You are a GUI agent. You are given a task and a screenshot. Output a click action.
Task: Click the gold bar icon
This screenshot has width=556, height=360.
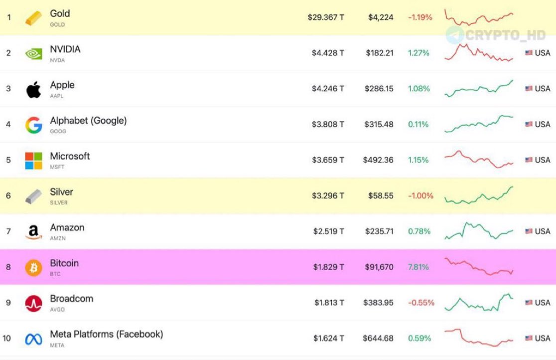34,18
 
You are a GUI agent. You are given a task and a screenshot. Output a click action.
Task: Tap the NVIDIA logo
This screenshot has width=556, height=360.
34,53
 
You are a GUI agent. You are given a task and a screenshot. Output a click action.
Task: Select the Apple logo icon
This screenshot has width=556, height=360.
34,89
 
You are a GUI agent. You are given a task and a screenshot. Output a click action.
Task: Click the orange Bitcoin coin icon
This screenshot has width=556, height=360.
34,267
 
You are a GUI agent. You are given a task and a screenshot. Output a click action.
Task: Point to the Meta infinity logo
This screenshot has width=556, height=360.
34,339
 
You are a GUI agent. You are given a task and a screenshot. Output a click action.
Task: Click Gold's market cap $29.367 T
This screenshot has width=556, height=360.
325,17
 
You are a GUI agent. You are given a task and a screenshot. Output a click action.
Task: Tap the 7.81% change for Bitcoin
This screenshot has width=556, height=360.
418,267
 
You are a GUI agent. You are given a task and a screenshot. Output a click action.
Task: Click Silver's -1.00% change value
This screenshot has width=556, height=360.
420,196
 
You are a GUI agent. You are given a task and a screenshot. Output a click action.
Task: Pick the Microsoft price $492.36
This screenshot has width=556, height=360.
378,160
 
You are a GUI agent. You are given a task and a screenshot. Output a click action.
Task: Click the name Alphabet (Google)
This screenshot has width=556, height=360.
88,121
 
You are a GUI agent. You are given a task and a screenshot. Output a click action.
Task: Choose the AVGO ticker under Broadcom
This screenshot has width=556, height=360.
57,310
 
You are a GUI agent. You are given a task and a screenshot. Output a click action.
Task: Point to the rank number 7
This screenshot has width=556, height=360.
8,231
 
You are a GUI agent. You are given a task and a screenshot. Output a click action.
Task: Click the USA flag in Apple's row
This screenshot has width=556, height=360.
529,89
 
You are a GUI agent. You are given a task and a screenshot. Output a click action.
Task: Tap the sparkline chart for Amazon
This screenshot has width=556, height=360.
478,231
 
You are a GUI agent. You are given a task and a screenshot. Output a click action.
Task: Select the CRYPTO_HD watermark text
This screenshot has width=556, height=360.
505,35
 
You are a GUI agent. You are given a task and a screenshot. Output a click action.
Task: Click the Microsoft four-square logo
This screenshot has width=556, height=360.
34,161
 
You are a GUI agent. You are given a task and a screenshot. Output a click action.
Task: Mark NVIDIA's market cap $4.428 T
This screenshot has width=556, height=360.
327,53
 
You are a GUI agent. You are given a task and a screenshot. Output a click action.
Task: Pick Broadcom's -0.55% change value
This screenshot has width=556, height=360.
420,303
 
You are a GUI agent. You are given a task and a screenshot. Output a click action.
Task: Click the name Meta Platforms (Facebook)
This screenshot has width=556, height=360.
106,334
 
